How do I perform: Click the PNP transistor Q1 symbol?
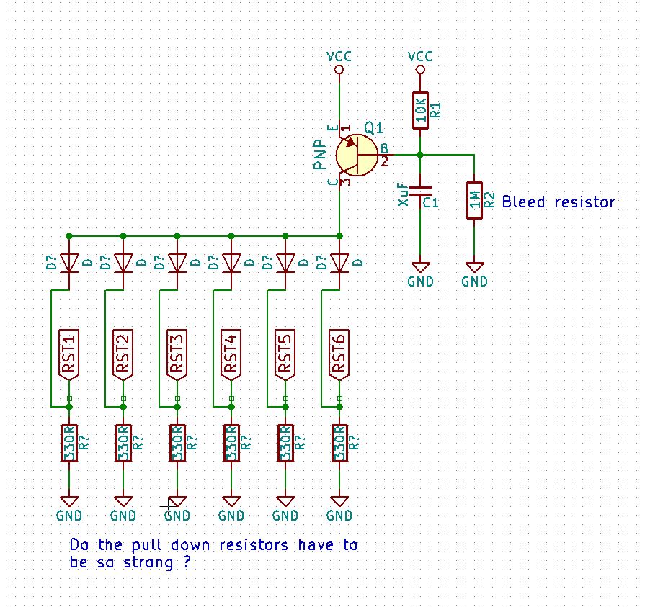click(356, 156)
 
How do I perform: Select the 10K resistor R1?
click(420, 110)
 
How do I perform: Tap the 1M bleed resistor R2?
click(474, 200)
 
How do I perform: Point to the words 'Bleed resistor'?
click(558, 202)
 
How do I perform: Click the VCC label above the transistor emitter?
click(339, 56)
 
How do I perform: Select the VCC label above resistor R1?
click(420, 56)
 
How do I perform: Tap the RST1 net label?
click(69, 355)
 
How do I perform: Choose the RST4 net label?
click(231, 355)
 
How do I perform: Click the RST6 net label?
click(339, 355)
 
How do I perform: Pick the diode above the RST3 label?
click(177, 263)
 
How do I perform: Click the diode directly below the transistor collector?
click(339, 263)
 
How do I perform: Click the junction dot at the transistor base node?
click(420, 155)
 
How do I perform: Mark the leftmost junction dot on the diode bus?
click(69, 235)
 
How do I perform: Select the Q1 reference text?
click(373, 128)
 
